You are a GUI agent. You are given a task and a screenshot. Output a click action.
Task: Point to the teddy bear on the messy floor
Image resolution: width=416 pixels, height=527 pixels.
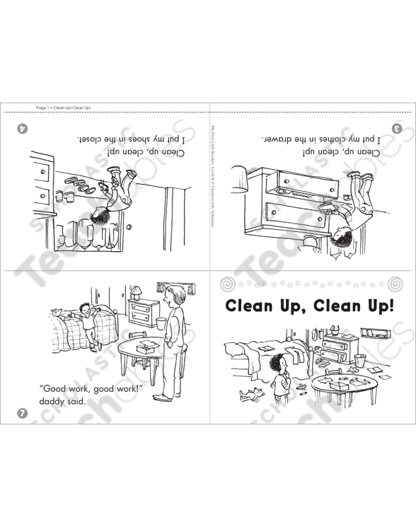pyautogui.click(x=250, y=393)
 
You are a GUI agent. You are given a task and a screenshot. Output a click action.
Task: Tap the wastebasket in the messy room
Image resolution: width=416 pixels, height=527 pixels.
pyautogui.click(x=361, y=361)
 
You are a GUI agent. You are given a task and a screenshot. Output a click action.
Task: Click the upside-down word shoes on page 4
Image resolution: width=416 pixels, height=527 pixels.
pyautogui.click(x=149, y=140)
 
